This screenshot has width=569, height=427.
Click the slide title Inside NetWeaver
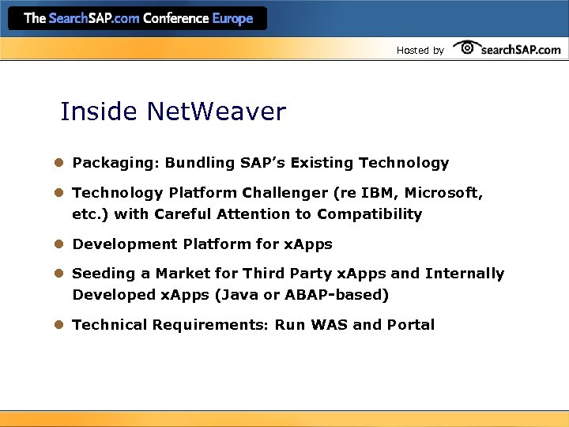coord(172,111)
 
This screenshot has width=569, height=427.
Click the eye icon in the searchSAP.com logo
coord(467,48)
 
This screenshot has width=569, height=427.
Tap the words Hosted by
coord(420,51)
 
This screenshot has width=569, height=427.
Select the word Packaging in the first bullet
coord(115,164)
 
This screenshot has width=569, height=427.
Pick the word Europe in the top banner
coord(232,18)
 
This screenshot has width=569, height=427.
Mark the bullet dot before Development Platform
coord(58,244)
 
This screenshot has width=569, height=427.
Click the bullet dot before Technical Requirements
coord(58,325)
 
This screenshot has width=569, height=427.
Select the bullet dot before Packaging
coord(58,163)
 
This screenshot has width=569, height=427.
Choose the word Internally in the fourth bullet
coord(464,274)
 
